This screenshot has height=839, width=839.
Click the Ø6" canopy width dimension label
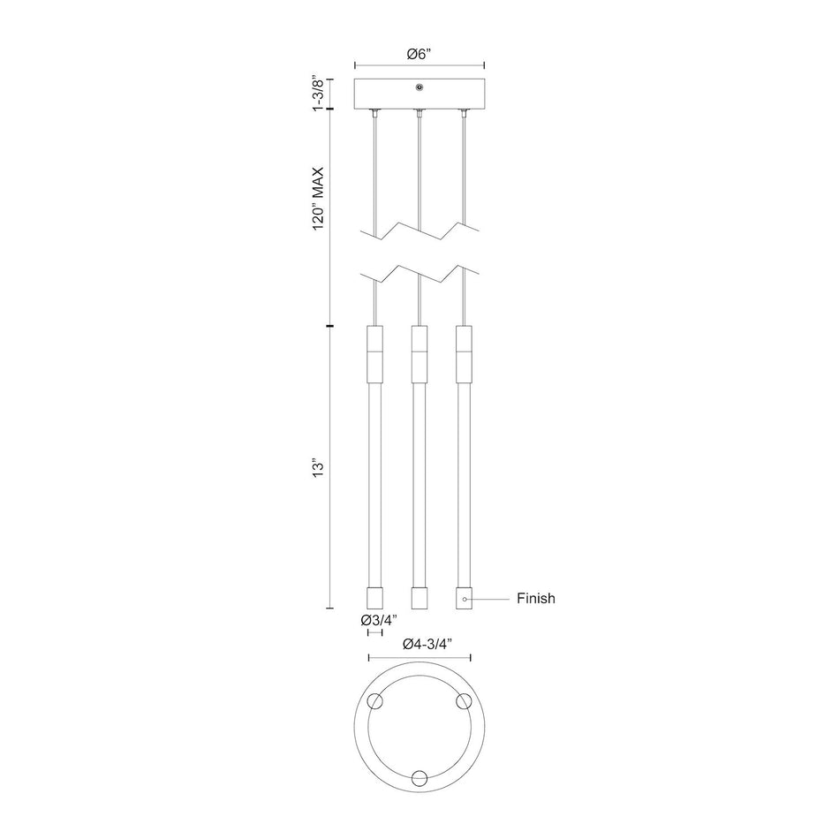click(419, 54)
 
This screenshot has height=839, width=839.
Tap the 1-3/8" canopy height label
click(319, 94)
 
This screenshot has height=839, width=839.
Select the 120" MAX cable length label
click(319, 199)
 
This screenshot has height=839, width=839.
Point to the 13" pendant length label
click(319, 467)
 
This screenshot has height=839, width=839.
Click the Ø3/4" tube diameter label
click(379, 620)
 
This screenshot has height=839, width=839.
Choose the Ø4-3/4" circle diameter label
click(428, 644)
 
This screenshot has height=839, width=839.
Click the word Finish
click(535, 598)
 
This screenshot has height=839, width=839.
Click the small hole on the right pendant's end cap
click(465, 600)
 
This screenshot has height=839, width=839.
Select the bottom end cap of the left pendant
click(374, 598)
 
